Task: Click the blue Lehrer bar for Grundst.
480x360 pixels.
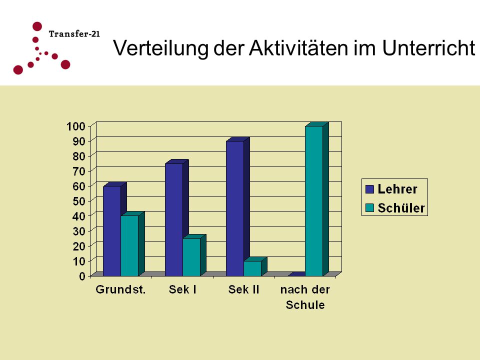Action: click(x=112, y=231)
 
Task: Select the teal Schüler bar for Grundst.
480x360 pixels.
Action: click(x=129, y=245)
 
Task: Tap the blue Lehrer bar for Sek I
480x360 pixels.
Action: click(x=174, y=219)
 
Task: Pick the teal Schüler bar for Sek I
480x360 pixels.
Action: click(x=191, y=257)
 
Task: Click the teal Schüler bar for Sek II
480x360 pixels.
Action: click(x=252, y=268)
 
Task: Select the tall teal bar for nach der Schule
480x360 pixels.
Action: click(x=314, y=201)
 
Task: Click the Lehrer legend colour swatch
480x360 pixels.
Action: click(x=370, y=189)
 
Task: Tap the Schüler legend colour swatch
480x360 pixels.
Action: click(x=370, y=208)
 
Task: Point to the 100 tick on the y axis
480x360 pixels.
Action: click(x=75, y=126)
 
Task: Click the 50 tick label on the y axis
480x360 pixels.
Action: click(x=79, y=201)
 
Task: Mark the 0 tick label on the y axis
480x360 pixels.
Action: click(x=82, y=276)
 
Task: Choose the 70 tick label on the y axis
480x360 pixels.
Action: click(x=79, y=171)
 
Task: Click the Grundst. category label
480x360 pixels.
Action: click(x=120, y=289)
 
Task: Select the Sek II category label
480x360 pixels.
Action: click(x=243, y=289)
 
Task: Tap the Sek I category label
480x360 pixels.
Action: click(x=182, y=289)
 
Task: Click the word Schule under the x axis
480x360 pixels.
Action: click(x=305, y=305)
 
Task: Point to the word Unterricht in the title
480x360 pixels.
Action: click(x=429, y=48)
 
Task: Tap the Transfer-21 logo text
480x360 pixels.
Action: click(x=74, y=33)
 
